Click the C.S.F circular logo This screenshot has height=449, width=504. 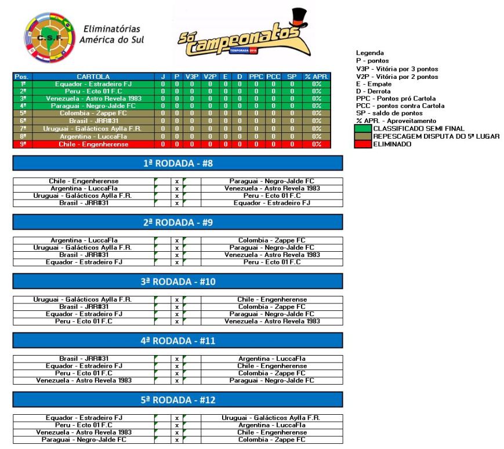click(50, 38)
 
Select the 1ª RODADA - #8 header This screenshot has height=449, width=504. click(177, 164)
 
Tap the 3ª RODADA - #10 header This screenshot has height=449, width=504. click(177, 282)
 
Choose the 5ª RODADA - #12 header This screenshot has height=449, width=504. click(177, 400)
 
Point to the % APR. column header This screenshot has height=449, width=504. click(317, 77)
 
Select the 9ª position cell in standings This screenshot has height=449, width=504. click(23, 144)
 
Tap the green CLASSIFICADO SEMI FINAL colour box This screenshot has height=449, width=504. click(364, 128)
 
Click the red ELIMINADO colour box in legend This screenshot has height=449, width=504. click(364, 144)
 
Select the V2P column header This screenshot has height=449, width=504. click(210, 77)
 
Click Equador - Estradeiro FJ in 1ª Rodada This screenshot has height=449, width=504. click(272, 203)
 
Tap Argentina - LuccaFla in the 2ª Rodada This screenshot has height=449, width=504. click(84, 240)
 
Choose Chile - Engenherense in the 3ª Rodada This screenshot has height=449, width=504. click(272, 299)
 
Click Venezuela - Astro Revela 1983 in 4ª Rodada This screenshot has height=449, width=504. click(84, 381)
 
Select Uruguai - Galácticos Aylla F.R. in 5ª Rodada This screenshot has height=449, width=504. click(272, 418)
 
